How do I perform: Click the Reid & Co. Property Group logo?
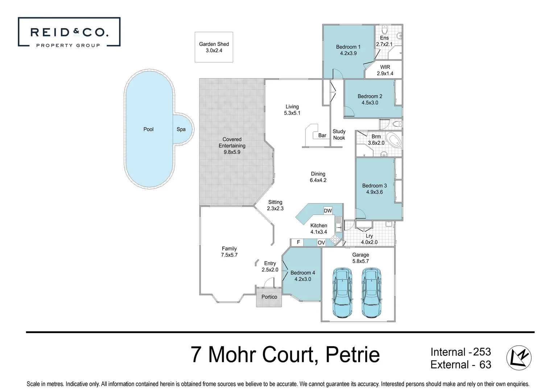(69, 33)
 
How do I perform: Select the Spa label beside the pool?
(181, 129)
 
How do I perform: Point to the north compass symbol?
(519, 358)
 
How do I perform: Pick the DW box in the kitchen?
(328, 211)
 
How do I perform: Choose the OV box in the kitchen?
(321, 243)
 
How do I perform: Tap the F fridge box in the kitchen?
(298, 242)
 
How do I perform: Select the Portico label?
(269, 297)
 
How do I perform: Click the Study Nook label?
(339, 135)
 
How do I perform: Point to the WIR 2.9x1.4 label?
(385, 70)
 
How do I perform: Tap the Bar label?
(322, 135)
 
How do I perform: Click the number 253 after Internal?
(482, 352)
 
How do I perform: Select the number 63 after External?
(485, 365)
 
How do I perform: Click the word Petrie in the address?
(352, 354)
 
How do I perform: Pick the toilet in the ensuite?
(385, 29)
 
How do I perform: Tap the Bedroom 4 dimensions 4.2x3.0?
(303, 279)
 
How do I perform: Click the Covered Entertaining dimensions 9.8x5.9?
(232, 152)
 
